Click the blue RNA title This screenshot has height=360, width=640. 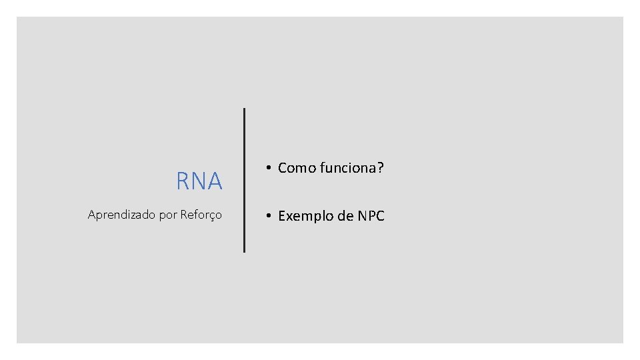coord(199,181)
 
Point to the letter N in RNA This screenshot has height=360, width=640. coord(199,181)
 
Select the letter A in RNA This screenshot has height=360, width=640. coord(215,181)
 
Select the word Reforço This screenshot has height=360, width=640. coord(201,215)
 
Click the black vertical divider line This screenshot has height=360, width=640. coord(244,180)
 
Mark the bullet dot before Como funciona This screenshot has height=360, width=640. coord(266,168)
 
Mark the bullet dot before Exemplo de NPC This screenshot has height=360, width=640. coord(266,216)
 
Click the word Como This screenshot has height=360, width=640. coord(297,168)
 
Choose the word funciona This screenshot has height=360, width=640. coord(347,168)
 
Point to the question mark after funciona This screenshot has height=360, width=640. coord(381,168)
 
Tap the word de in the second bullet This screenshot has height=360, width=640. coord(346,216)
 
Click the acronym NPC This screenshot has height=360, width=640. coord(371,216)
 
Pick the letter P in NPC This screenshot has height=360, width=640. coord(371,216)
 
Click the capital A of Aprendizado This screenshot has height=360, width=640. coord(92,215)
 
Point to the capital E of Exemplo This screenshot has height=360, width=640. coord(282,216)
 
